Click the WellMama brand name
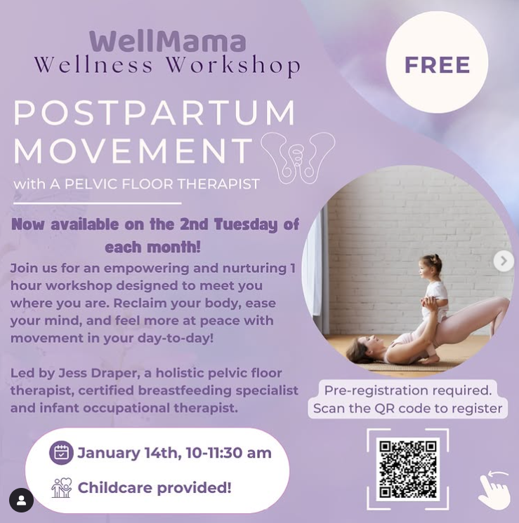168,41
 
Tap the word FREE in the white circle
437,64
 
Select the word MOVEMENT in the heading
133,150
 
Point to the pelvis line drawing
298,158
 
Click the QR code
408,469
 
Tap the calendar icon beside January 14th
61,453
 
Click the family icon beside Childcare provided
62,488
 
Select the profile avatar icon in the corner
21,501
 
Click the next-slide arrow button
504,261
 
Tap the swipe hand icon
494,489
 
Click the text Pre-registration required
408,390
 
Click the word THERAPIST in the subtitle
218,184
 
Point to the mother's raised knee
501,302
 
